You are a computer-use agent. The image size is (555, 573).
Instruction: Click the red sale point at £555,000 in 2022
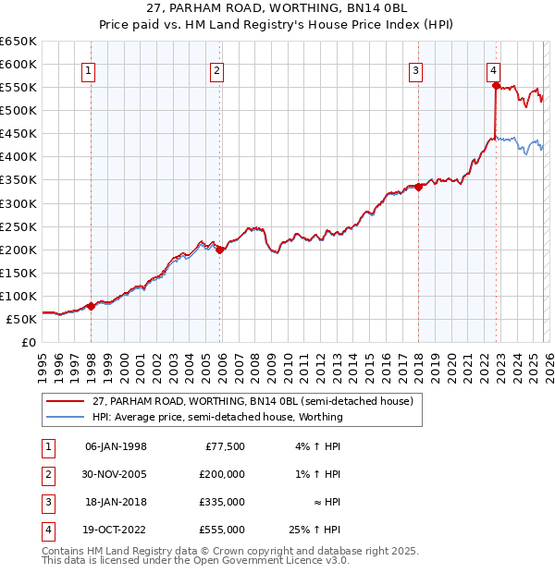point(496,86)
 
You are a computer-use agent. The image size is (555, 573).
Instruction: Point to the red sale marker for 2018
point(418,187)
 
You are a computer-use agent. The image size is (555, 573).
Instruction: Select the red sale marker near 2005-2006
point(220,250)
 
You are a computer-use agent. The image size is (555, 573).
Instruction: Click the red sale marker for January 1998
point(91,306)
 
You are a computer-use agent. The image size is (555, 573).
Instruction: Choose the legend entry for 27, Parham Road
point(258,401)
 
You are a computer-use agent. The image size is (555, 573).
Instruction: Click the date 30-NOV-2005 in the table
point(116,474)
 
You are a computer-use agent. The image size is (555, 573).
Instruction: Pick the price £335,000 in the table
point(222,502)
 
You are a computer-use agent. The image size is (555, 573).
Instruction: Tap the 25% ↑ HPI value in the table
point(314,530)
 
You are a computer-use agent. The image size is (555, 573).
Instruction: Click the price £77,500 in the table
point(225,446)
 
